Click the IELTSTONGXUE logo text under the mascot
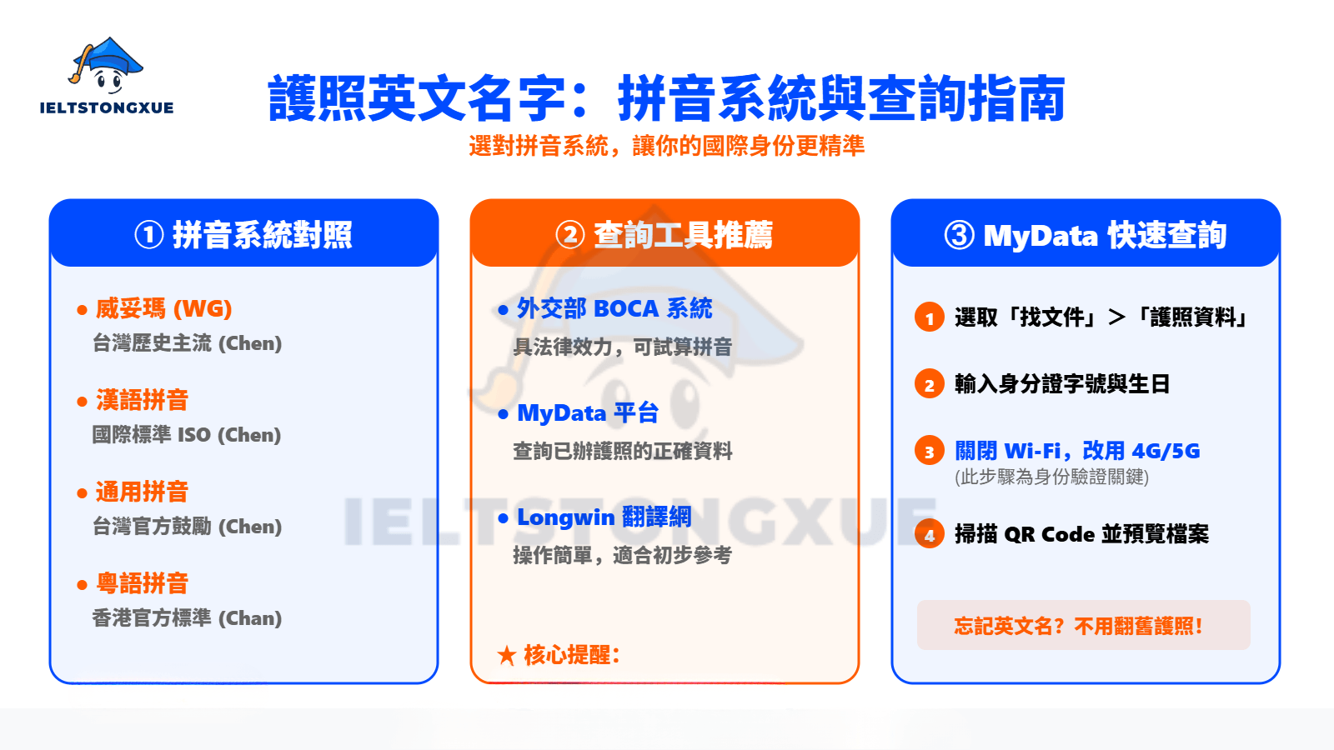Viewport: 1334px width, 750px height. click(x=107, y=107)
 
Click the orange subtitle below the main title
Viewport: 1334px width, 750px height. click(x=666, y=146)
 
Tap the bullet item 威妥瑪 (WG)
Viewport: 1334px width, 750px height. click(x=163, y=308)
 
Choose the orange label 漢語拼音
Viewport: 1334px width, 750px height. click(x=142, y=400)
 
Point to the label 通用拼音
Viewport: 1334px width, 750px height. click(x=142, y=492)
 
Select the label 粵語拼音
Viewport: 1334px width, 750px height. click(x=142, y=583)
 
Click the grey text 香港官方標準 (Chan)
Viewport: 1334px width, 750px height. click(x=187, y=618)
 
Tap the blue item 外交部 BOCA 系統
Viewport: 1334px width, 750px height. click(x=614, y=308)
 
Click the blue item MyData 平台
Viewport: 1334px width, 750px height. click(x=588, y=412)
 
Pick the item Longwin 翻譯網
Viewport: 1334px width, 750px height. click(x=604, y=517)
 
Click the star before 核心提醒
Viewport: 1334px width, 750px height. click(x=506, y=655)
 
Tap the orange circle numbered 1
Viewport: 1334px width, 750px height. click(x=929, y=317)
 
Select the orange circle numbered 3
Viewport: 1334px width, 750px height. click(x=929, y=452)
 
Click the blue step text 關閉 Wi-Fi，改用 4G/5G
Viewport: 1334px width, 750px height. click(x=1077, y=451)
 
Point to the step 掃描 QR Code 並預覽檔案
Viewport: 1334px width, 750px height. click(x=1081, y=533)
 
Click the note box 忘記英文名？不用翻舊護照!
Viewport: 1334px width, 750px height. click(x=1083, y=625)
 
